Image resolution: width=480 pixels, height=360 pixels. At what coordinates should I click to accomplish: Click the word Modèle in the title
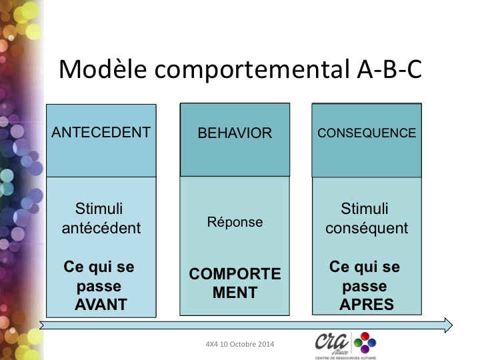[103, 69]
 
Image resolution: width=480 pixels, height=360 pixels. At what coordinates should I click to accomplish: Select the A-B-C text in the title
[390, 69]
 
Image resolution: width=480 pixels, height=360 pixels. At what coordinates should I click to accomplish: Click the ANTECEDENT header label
[101, 132]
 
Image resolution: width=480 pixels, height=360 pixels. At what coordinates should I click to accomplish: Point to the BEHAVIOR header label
[235, 133]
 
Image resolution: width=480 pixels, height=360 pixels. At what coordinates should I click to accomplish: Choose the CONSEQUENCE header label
[367, 133]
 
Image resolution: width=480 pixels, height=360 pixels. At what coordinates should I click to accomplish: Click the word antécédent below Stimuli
[101, 228]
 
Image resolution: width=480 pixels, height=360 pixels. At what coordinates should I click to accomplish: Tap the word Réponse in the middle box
[235, 222]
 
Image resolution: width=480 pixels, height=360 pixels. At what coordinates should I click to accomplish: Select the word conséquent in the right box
[367, 229]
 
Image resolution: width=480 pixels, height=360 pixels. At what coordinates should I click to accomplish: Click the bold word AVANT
[101, 305]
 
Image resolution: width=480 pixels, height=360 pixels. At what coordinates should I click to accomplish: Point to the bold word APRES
[367, 305]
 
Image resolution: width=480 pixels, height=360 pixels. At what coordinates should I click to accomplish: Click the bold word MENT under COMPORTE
[235, 293]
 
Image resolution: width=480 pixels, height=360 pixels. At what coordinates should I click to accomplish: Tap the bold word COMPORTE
[235, 274]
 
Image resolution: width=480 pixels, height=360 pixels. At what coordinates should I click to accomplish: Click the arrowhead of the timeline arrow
[449, 325]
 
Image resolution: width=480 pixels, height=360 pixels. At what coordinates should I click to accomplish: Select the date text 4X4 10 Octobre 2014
[240, 344]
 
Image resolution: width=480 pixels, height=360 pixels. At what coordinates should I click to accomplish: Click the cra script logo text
[332, 341]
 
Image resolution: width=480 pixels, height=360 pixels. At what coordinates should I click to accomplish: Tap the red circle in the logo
[365, 337]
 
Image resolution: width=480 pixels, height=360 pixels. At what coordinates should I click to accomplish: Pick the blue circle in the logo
[371, 343]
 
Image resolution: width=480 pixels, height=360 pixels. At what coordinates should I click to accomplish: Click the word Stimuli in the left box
[99, 209]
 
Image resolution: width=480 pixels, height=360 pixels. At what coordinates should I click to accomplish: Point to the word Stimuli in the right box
[365, 209]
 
